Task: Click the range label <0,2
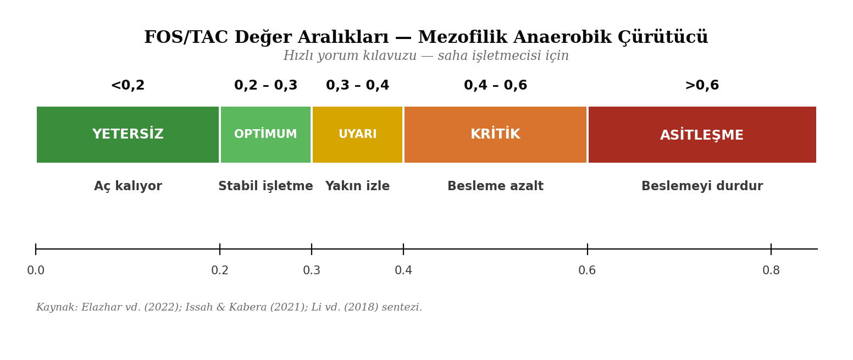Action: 128,86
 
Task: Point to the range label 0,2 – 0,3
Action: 265,86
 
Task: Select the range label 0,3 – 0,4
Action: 357,86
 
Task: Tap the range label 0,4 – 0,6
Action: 495,86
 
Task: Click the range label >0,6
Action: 702,86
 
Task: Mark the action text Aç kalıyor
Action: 128,186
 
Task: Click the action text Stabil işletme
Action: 265,186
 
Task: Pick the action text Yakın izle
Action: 357,186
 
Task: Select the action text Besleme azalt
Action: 495,186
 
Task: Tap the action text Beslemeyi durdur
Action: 702,186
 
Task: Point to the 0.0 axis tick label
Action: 36,271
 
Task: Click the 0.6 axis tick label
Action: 587,271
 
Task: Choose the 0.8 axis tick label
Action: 771,271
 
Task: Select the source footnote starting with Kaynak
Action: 229,308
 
